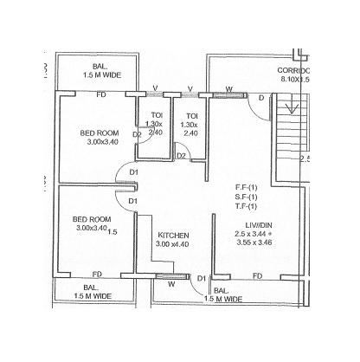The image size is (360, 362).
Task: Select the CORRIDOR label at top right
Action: pos(293,69)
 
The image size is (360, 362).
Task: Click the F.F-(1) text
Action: pos(247,187)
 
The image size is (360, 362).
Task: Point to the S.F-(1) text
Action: pos(247,197)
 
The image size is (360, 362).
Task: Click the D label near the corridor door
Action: pos(262,98)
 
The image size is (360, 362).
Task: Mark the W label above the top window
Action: pos(228,87)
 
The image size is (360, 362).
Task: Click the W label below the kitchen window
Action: pos(171,283)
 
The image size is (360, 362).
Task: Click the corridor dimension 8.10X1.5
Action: pos(295,79)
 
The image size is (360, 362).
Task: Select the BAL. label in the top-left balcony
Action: pos(100,68)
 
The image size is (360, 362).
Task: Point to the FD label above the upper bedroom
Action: pos(101,93)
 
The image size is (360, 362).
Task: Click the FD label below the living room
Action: pos(258,275)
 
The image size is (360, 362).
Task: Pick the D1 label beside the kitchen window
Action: pos(201,278)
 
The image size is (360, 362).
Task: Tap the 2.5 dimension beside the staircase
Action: pos(305,159)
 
